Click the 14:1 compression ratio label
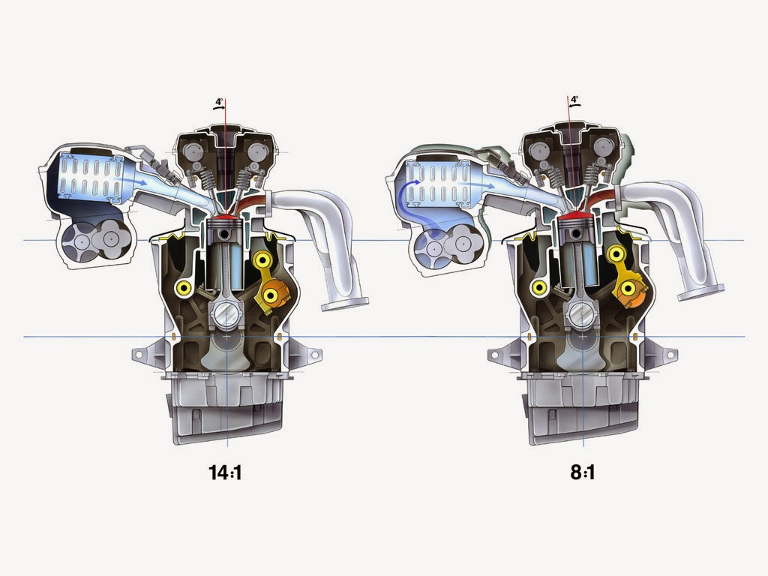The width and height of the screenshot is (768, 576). click(x=226, y=472)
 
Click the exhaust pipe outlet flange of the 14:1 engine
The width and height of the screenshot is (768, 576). click(x=345, y=304)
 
